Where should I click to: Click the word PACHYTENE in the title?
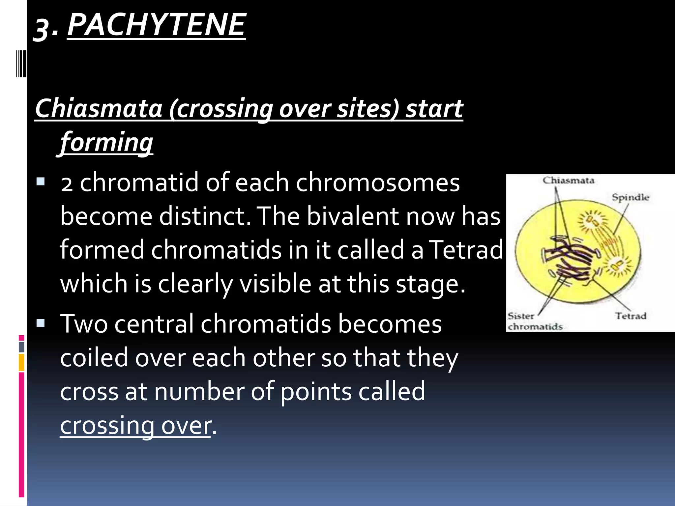pyautogui.click(x=157, y=25)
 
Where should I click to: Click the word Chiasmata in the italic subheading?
pyautogui.click(x=99, y=108)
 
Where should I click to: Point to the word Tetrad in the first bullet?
pyautogui.click(x=467, y=249)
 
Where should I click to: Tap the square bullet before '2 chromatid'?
pyautogui.click(x=41, y=182)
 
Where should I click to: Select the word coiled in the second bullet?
pyautogui.click(x=94, y=358)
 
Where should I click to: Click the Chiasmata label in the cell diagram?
pyautogui.click(x=568, y=181)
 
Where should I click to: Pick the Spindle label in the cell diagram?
pyautogui.click(x=630, y=197)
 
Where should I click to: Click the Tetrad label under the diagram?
pyautogui.click(x=631, y=316)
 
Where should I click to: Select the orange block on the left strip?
pyautogui.click(x=21, y=362)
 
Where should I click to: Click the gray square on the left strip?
pyautogui.click(x=21, y=347)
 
